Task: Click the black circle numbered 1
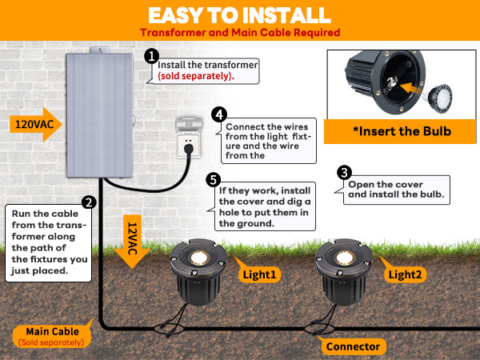[x=151, y=56]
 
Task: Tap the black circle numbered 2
[x=90, y=203]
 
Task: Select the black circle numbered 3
[x=344, y=172]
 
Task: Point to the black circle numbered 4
[x=218, y=114]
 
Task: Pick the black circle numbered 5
[x=213, y=179]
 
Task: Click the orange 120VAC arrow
[x=36, y=125]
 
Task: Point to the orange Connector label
[x=353, y=346]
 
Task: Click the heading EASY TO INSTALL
[x=240, y=15]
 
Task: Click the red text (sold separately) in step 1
[x=195, y=76]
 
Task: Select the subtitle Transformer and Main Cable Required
[x=240, y=33]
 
